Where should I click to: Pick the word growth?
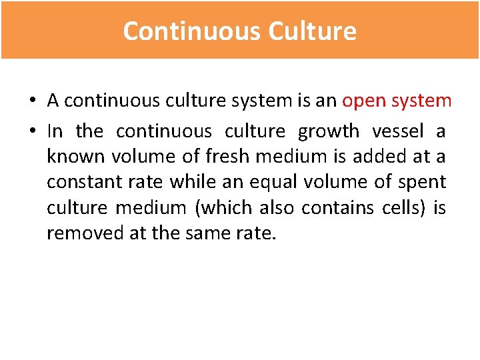(x=328, y=131)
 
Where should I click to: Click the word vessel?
(x=397, y=131)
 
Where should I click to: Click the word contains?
(x=339, y=207)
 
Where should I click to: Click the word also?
(x=274, y=207)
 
